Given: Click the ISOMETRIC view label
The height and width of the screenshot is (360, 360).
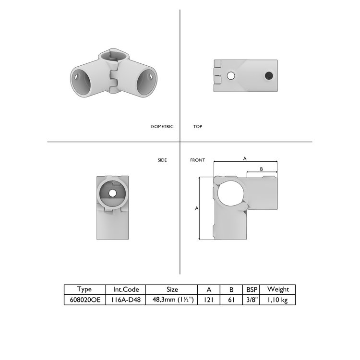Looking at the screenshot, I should [162, 127].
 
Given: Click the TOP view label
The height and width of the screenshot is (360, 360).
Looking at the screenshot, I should [197, 127].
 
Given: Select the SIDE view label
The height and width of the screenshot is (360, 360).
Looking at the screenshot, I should [162, 160].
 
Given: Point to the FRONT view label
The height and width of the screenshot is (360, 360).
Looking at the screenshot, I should [197, 160].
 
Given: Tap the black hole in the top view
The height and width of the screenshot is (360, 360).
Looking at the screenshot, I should [268, 76].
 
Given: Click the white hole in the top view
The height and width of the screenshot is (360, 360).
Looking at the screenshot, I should [231, 76].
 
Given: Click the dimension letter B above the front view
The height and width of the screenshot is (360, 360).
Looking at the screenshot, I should [261, 169].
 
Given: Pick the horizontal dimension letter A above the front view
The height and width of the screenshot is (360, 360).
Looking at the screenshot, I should [245, 158].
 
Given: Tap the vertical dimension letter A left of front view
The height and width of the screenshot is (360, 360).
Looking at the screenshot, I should [196, 208].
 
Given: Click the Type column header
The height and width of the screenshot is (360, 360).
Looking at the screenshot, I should [84, 289].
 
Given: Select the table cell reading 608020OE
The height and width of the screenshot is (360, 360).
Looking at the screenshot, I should [84, 300].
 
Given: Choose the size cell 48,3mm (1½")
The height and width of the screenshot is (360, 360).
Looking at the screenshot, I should [171, 300].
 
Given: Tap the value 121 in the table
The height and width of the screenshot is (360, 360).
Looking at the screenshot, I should [209, 300].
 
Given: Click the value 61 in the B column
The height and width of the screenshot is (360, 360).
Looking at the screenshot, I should [231, 300].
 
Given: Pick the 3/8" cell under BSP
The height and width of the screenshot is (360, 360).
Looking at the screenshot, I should [252, 300].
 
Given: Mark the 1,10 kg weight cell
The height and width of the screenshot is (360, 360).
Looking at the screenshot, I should [278, 300].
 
